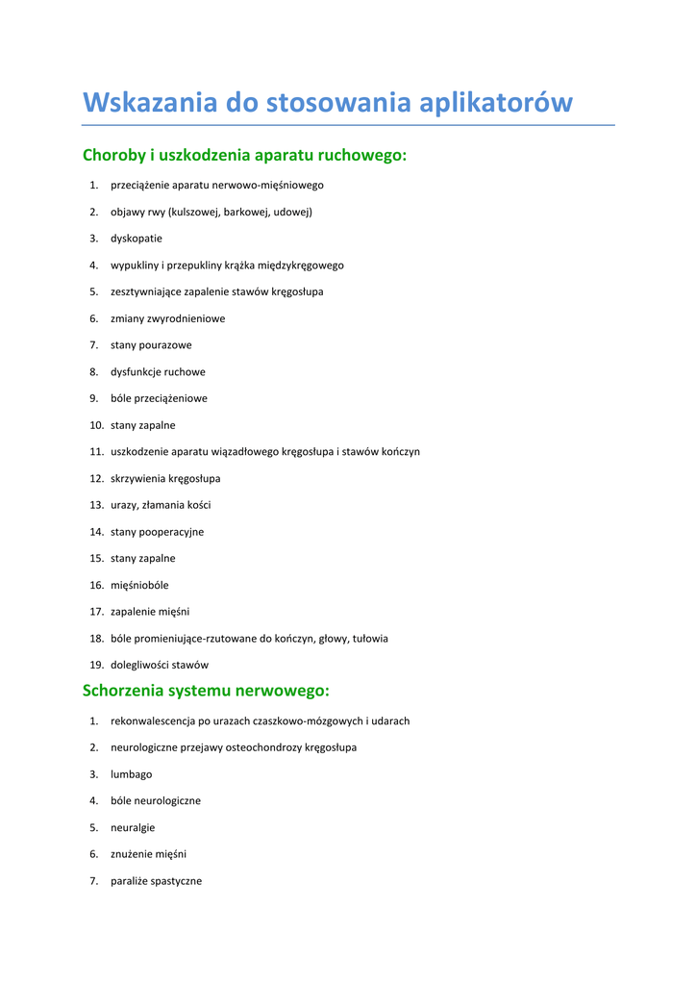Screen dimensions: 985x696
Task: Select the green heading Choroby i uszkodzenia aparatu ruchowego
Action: (x=244, y=155)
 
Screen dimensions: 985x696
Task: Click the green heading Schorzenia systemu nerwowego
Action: (x=206, y=691)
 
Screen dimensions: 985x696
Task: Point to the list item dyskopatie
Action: (x=137, y=239)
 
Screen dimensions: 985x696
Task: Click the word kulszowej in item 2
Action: (x=194, y=212)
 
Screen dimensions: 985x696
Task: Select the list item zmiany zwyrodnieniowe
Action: (x=167, y=318)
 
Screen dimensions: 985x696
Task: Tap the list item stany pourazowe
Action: (x=151, y=345)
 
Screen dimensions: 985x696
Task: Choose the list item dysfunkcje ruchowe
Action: (x=158, y=372)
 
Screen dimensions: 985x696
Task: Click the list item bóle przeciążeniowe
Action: (x=159, y=398)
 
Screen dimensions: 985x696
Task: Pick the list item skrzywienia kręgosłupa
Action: (x=165, y=478)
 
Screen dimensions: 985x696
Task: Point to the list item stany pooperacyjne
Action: (x=157, y=532)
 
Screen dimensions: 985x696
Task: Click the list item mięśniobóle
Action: (x=139, y=585)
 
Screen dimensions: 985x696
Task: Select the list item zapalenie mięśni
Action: (x=150, y=612)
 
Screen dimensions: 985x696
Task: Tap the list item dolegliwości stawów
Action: (x=160, y=665)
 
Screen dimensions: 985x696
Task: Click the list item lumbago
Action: (x=131, y=774)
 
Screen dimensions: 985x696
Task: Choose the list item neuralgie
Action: (x=133, y=827)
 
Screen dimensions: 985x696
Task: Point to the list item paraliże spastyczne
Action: (x=156, y=881)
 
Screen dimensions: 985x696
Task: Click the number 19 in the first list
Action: (x=96, y=665)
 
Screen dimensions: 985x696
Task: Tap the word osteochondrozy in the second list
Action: (x=265, y=747)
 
